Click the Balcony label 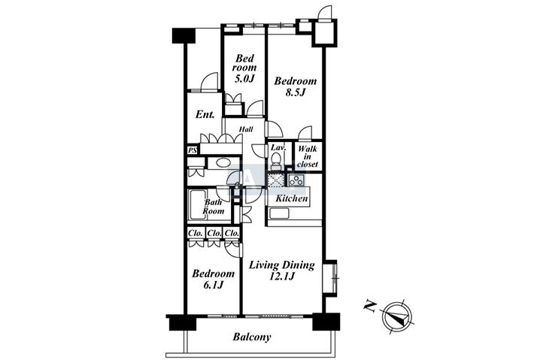tap(252, 337)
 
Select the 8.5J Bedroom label tap(296, 86)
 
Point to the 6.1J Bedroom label tap(213, 279)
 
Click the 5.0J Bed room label tap(244, 68)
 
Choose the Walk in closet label tap(308, 156)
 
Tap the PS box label tap(193, 150)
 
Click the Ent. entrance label tap(205, 114)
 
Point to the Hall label tap(246, 129)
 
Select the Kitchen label tap(292, 198)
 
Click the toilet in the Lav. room tap(277, 159)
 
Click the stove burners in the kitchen tap(296, 180)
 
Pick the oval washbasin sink tap(223, 162)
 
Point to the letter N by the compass tap(370, 307)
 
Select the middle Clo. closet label tap(214, 234)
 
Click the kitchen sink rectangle tap(279, 213)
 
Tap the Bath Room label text tap(214, 207)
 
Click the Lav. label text tap(277, 147)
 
